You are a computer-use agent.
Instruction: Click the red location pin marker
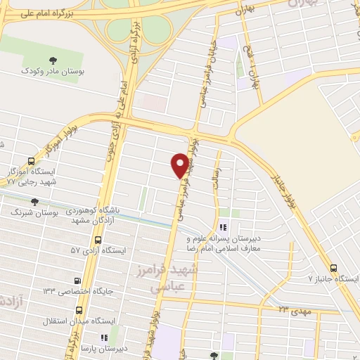tap(181, 165)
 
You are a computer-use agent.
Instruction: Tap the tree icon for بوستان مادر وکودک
tap(54, 60)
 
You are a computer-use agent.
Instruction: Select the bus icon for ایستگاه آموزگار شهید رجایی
tap(30, 161)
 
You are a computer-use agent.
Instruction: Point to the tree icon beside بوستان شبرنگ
tap(34, 202)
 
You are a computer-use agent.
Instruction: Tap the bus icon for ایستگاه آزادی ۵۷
tap(78, 250)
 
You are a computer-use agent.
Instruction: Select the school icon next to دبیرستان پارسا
tap(105, 338)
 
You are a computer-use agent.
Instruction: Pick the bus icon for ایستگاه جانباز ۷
tap(333, 268)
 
